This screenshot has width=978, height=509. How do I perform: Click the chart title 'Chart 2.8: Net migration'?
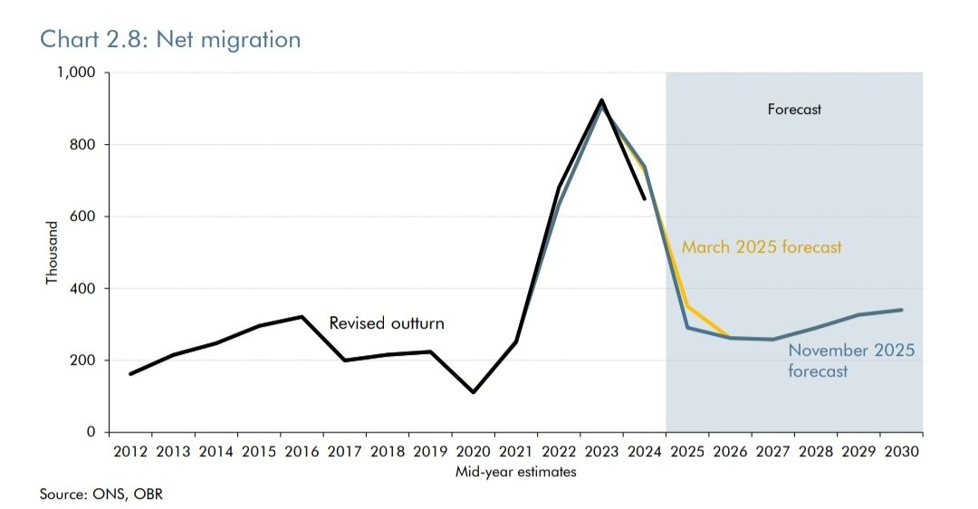171,40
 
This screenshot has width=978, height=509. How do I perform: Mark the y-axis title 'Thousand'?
52,253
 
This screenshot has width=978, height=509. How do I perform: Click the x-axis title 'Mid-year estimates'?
516,471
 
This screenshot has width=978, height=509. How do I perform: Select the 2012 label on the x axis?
129,451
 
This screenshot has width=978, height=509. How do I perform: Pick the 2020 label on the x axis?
472,451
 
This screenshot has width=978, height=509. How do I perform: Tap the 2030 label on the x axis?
901,451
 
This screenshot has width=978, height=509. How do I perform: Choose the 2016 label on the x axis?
301,451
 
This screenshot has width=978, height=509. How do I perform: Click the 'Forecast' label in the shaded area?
794,110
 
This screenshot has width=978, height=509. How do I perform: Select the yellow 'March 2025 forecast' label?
762,246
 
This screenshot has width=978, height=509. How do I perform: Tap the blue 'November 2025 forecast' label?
850,360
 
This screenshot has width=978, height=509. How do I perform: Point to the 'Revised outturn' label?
387,323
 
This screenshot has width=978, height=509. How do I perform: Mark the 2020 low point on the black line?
473,392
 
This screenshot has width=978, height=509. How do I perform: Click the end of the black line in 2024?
644,198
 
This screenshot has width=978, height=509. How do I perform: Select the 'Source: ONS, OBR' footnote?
101,495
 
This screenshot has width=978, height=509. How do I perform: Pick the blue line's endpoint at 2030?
901,310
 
